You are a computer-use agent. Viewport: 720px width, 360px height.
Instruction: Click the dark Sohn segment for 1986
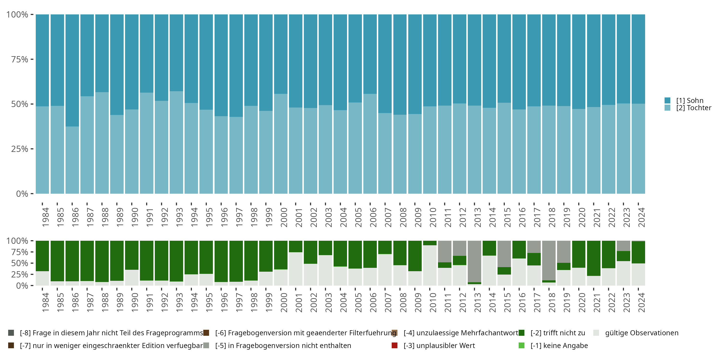pyautogui.click(x=72, y=70)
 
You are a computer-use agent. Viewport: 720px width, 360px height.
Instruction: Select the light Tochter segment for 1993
pyautogui.click(x=176, y=143)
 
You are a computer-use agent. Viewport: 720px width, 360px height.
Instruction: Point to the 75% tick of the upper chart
pyautogui.click(x=20, y=59)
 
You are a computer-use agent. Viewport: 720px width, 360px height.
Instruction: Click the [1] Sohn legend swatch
pyautogui.click(x=667, y=100)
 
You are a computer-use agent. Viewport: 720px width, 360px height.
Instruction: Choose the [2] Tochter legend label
pyautogui.click(x=694, y=108)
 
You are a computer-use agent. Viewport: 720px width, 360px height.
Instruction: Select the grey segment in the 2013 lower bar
pyautogui.click(x=474, y=261)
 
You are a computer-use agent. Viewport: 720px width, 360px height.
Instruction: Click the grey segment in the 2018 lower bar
pyautogui.click(x=549, y=260)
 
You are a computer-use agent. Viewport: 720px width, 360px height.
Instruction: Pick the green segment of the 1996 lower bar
pyautogui.click(x=221, y=261)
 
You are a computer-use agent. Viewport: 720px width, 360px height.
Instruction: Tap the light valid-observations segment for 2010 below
pyautogui.click(x=430, y=265)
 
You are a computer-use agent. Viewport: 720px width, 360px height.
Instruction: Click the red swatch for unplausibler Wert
pyautogui.click(x=395, y=345)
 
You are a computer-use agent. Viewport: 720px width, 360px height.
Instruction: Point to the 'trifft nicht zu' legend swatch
pyautogui.click(x=522, y=333)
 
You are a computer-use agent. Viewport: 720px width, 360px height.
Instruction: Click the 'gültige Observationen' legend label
pyautogui.click(x=642, y=333)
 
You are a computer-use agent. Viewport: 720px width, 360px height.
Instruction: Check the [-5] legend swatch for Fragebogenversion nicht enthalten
pyautogui.click(x=206, y=345)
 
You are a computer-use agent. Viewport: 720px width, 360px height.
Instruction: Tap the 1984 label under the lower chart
pyautogui.click(x=46, y=302)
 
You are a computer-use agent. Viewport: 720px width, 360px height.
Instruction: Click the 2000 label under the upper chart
pyautogui.click(x=284, y=217)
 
